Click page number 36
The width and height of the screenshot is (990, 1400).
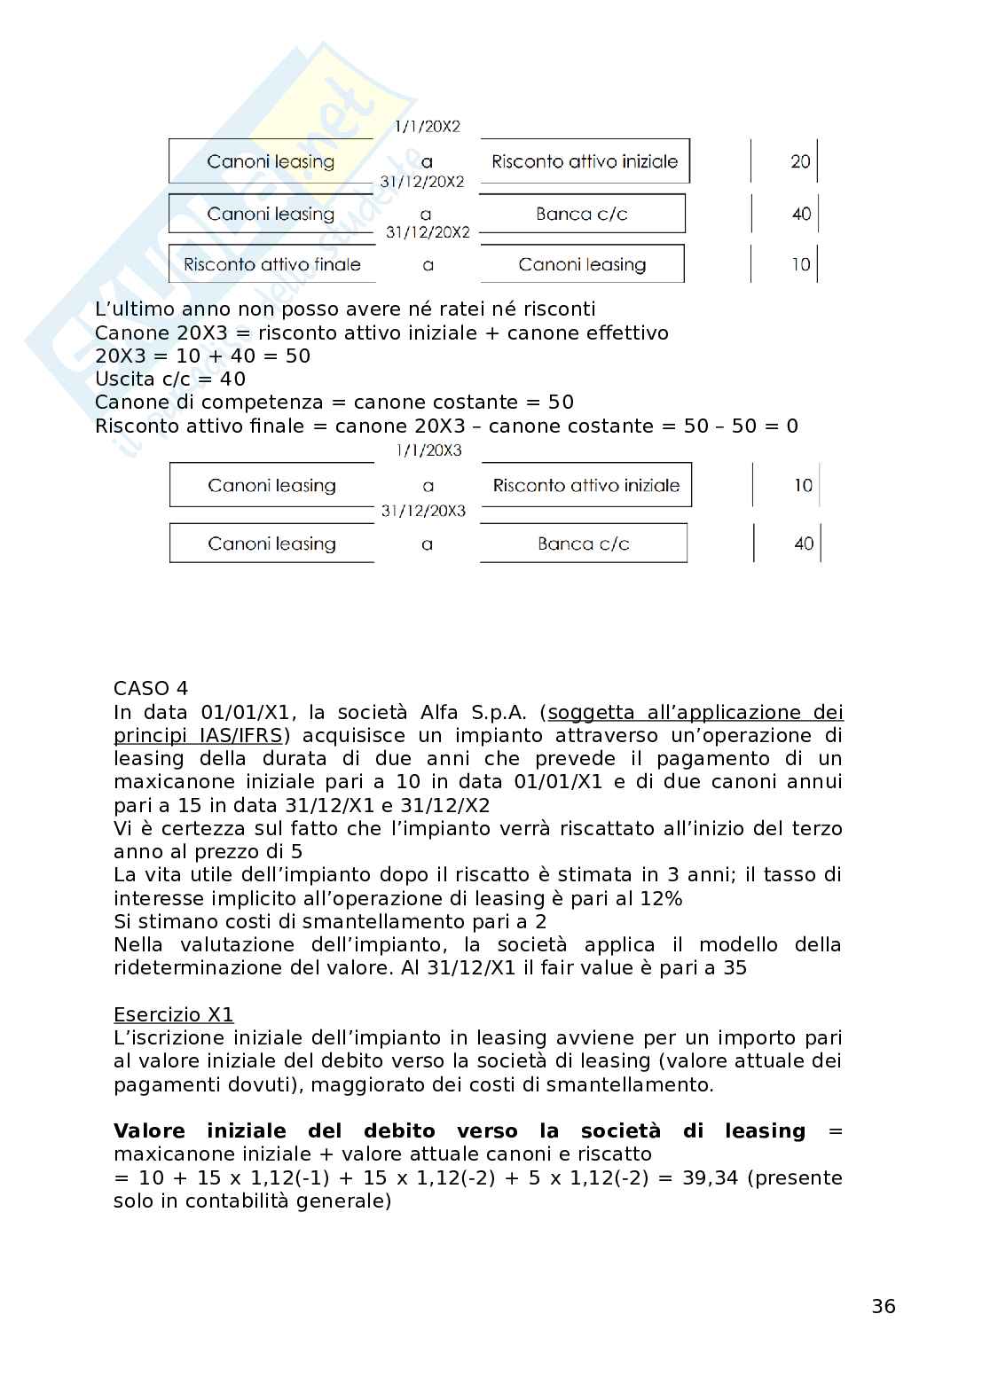(883, 1306)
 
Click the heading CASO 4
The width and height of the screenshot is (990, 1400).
(151, 689)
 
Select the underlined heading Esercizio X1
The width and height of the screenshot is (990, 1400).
(173, 1014)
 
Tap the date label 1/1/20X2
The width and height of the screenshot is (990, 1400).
(428, 127)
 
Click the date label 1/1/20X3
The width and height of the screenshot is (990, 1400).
(428, 450)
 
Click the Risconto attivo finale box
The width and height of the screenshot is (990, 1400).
(271, 264)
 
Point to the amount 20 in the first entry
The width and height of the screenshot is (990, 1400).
(800, 161)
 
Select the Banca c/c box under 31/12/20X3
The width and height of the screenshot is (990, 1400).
(583, 544)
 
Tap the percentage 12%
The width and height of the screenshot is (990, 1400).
(661, 898)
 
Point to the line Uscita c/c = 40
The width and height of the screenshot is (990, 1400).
(169, 379)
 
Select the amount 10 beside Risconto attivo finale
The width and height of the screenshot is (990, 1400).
(800, 264)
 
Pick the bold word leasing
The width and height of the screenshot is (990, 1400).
(765, 1130)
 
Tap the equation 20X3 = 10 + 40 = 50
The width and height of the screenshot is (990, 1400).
(202, 356)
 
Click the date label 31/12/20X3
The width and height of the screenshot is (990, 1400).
(423, 511)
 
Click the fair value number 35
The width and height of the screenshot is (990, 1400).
(735, 967)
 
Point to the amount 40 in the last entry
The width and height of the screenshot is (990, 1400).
(803, 544)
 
